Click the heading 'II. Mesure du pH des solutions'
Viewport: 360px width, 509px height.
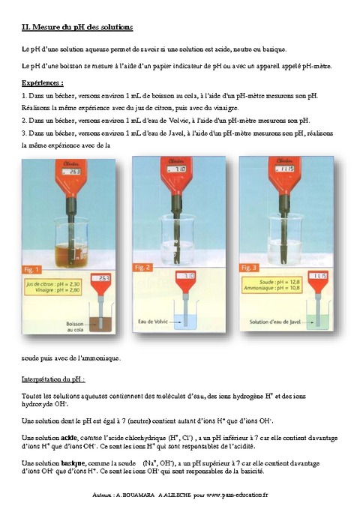coord(77,27)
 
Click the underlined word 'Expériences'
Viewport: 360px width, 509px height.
coord(43,82)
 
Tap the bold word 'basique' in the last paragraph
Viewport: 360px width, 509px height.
coord(73,463)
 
